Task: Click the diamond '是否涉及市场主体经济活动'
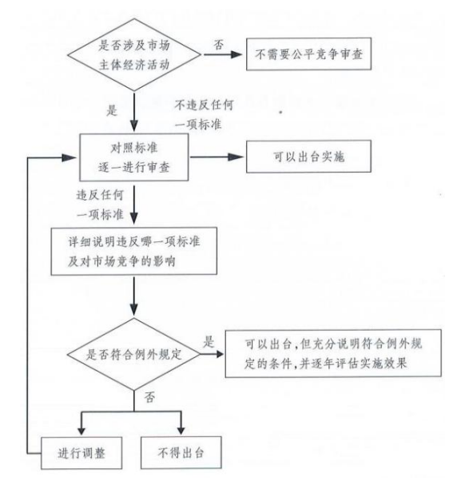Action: [134, 54]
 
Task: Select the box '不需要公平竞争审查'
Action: [308, 54]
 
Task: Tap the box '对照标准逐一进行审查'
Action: [134, 157]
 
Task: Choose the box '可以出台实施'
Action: [308, 157]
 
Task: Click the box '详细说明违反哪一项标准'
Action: [134, 251]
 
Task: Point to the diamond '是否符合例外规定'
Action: [134, 354]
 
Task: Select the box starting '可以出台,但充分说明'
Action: [333, 353]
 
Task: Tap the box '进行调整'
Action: [81, 453]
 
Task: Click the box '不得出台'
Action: [181, 453]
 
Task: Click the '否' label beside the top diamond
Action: [219, 45]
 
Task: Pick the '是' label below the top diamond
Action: [112, 110]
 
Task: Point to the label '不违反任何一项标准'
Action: [204, 114]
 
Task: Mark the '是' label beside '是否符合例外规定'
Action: [209, 342]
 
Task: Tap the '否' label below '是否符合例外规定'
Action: [149, 397]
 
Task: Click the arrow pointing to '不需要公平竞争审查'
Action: [223, 54]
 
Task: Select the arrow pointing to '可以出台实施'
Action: [217, 157]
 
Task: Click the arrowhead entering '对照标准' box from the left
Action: [70, 157]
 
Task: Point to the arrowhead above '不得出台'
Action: [181, 431]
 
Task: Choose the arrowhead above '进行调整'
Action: [81, 431]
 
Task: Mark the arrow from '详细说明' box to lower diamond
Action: [134, 296]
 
